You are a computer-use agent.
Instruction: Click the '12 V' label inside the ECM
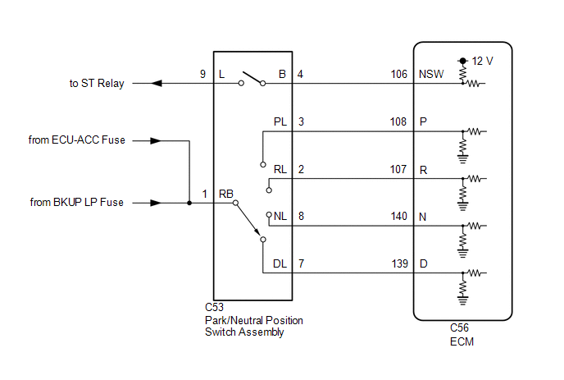pyautogui.click(x=482, y=61)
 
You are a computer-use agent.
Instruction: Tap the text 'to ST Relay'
pyautogui.click(x=97, y=83)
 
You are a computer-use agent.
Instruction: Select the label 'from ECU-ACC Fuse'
pyautogui.click(x=76, y=140)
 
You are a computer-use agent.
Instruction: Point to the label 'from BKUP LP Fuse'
pyautogui.click(x=76, y=202)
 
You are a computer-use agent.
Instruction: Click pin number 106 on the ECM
pyautogui.click(x=399, y=74)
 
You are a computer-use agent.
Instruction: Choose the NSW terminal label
pyautogui.click(x=431, y=74)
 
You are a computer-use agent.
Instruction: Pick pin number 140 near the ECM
pyautogui.click(x=399, y=216)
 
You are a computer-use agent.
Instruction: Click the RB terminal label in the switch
pyautogui.click(x=226, y=194)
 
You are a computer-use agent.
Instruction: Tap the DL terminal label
pyautogui.click(x=280, y=263)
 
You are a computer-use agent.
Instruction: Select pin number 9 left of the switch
pyautogui.click(x=202, y=74)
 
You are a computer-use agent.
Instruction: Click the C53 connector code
pyautogui.click(x=215, y=307)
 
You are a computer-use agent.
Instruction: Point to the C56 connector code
pyautogui.click(x=459, y=327)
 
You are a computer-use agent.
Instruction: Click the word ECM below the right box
pyautogui.click(x=462, y=341)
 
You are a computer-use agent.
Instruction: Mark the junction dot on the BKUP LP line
pyautogui.click(x=189, y=204)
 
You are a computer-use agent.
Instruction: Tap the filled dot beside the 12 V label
pyautogui.click(x=463, y=61)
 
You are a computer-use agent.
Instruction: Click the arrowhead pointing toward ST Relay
pyautogui.click(x=157, y=84)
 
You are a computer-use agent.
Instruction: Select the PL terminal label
pyautogui.click(x=280, y=121)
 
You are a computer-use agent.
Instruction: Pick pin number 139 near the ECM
pyautogui.click(x=399, y=263)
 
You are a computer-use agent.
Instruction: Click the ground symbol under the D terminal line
pyautogui.click(x=463, y=300)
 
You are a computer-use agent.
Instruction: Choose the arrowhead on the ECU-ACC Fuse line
pyautogui.click(x=156, y=141)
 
